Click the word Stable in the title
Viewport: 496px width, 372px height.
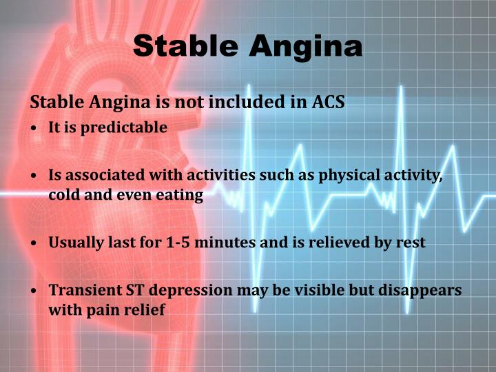click(185, 45)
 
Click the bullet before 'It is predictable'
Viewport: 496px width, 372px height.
click(34, 129)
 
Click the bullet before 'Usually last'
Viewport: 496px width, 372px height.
click(34, 244)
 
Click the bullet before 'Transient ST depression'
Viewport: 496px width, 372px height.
click(34, 291)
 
